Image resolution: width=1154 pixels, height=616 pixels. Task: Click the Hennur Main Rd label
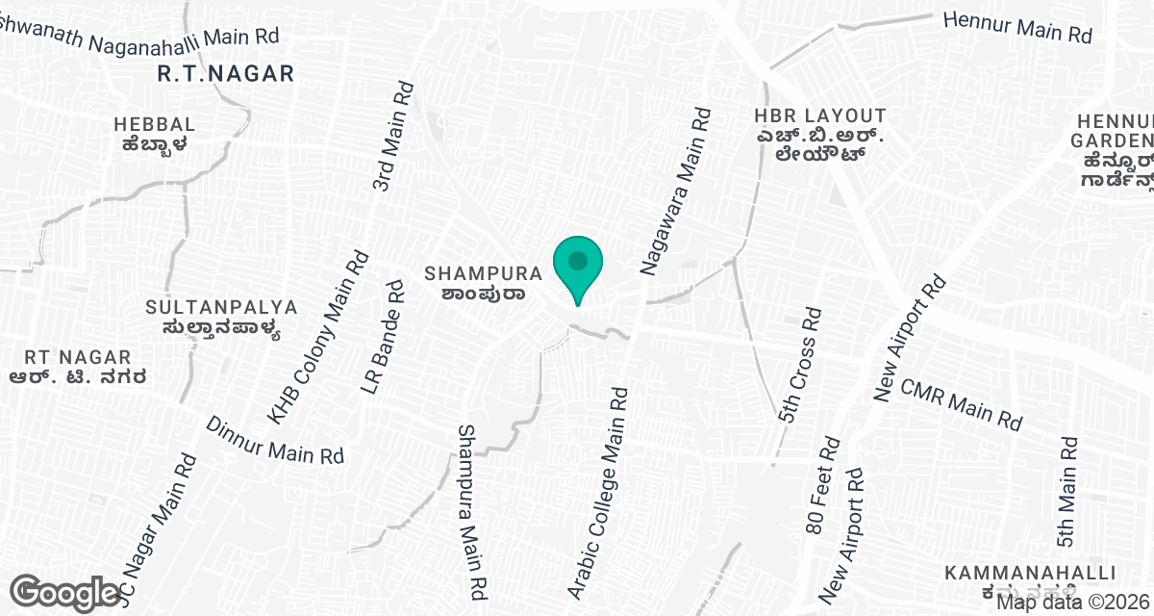pos(1017,27)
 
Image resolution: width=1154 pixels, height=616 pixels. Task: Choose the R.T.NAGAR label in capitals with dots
pos(225,72)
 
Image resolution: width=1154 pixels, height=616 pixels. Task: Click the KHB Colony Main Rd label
pos(318,337)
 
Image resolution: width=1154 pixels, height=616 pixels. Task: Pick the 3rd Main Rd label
pos(394,136)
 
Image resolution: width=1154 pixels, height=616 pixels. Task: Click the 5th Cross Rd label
pos(800,366)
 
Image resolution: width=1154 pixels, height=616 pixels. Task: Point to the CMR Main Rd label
pos(960,404)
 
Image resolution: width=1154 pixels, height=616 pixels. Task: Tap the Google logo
pos(65,592)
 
